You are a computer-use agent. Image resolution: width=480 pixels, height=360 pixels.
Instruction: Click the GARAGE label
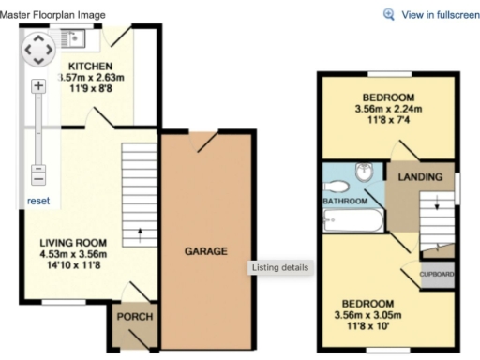[x=205, y=251]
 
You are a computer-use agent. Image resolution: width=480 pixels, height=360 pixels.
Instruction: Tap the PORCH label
[x=134, y=317]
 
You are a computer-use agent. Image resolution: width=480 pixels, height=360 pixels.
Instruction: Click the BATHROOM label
[x=344, y=202]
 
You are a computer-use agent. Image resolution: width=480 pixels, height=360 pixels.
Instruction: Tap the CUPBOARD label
[x=437, y=275]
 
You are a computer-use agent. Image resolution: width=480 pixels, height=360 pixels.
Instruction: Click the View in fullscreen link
[x=440, y=15]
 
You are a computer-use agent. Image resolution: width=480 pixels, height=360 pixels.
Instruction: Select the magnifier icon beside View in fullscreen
[x=390, y=15]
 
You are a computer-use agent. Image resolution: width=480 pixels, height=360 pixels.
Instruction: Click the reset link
[x=38, y=201]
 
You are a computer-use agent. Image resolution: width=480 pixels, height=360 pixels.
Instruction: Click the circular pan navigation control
[x=37, y=49]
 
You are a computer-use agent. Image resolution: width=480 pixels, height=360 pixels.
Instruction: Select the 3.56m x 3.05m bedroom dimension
[x=367, y=315]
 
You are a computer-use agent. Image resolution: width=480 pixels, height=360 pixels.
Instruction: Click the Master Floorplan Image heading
[x=52, y=15]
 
